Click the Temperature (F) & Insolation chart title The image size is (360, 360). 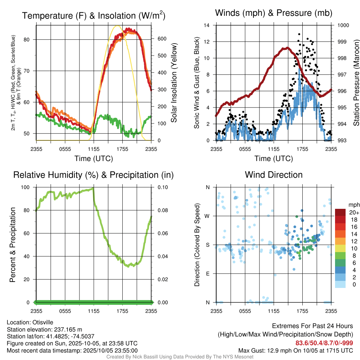pyautogui.click(x=94, y=15)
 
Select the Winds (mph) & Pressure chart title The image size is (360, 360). pyautogui.click(x=274, y=13)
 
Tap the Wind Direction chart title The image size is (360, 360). pyautogui.click(x=274, y=175)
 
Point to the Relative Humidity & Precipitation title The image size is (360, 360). pyautogui.click(x=94, y=175)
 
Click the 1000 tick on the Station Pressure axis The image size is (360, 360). pyautogui.click(x=343, y=25)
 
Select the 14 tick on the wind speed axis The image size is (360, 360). pyautogui.click(x=207, y=25)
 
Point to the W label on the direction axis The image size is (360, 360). pyautogui.click(x=207, y=216)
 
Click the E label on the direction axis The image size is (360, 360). pyautogui.click(x=207, y=274)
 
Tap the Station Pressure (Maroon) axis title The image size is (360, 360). pyautogui.click(x=356, y=83)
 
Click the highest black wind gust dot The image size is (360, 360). pyautogui.click(x=299, y=34)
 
